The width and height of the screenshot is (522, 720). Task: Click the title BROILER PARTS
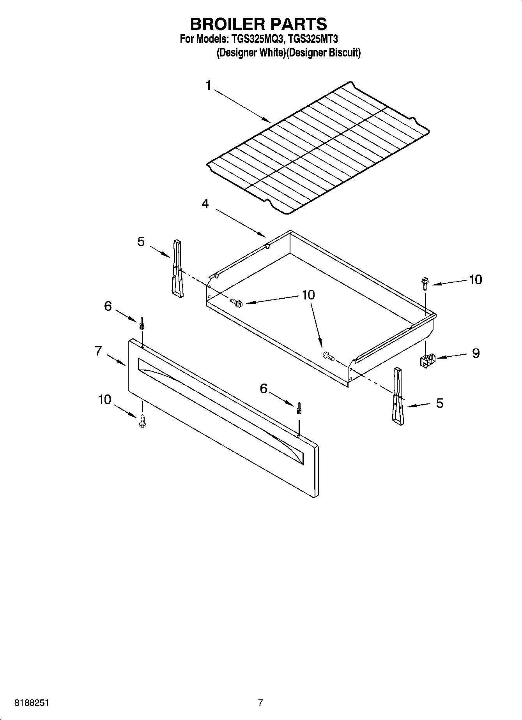click(x=258, y=24)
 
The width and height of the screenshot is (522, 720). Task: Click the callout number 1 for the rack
click(x=209, y=85)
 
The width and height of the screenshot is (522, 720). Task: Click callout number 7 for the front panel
click(x=98, y=351)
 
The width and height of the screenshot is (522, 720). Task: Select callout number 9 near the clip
click(x=476, y=353)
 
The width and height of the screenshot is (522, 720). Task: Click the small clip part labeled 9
click(x=427, y=361)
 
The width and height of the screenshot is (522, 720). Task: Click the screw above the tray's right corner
click(x=425, y=283)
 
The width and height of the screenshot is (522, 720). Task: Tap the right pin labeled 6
click(x=299, y=408)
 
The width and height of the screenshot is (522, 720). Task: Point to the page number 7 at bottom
click(x=260, y=703)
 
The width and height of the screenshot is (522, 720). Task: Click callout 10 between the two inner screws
click(x=308, y=295)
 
